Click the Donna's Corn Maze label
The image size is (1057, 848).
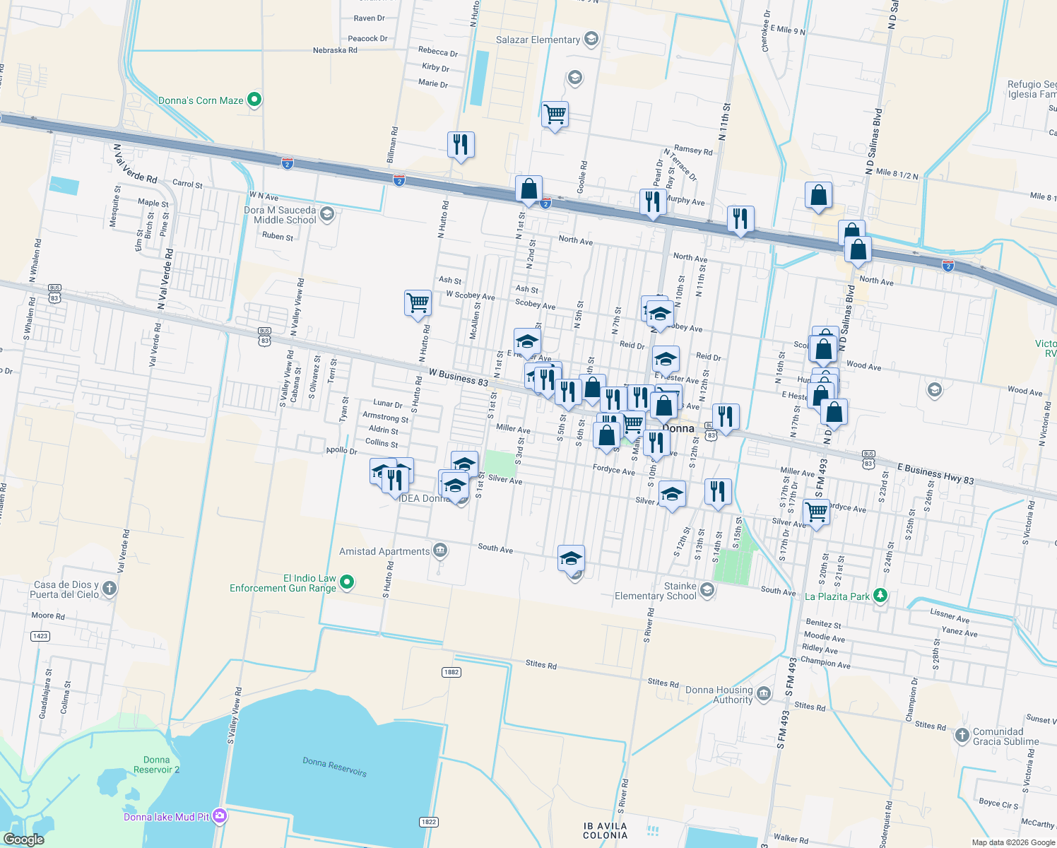[201, 100]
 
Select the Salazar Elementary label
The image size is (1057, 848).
[538, 40]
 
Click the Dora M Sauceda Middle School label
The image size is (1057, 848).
[280, 215]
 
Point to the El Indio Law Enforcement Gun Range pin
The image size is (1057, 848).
[347, 582]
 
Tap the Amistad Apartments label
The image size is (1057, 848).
[384, 551]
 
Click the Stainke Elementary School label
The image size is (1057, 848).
[656, 591]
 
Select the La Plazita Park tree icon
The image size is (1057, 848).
[880, 596]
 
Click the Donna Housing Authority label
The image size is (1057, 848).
[719, 695]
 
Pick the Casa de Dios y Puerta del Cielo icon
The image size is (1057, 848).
[110, 588]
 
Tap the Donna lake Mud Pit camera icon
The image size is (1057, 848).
[220, 816]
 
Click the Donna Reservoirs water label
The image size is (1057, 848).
[334, 766]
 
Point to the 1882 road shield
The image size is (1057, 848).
[451, 671]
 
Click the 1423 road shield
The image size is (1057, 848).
[40, 636]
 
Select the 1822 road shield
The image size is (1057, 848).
[428, 822]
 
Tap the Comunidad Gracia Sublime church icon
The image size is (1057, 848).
[962, 736]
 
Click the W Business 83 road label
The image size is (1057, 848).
[458, 377]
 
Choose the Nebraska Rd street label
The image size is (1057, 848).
[335, 50]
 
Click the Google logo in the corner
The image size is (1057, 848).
[23, 840]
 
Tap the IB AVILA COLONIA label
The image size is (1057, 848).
[605, 830]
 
